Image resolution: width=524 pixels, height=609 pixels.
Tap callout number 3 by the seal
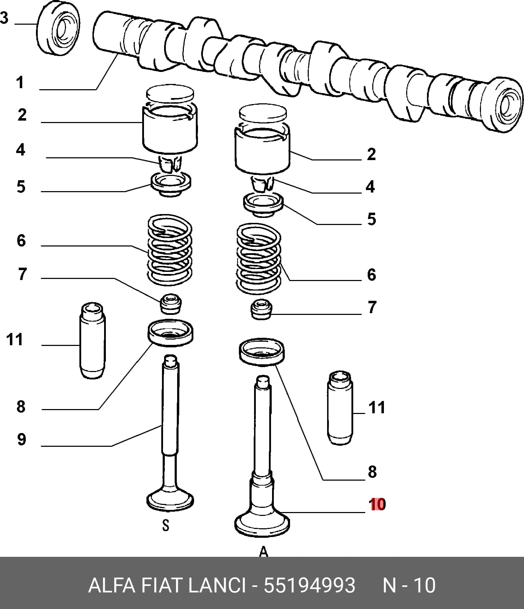[x=4, y=18]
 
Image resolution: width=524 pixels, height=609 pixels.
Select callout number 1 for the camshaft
[x=20, y=83]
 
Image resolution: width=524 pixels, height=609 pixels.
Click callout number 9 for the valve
[x=22, y=439]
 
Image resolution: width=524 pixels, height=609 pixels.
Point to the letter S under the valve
[x=165, y=525]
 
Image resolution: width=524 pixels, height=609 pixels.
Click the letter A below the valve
[x=263, y=552]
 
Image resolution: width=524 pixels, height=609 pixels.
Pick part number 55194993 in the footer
[x=309, y=586]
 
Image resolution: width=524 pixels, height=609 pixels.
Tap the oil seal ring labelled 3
[x=58, y=28]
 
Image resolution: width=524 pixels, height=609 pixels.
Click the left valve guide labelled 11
[x=92, y=341]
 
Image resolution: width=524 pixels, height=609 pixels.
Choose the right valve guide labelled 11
[x=340, y=408]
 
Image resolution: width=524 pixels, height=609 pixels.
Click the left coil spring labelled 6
[x=169, y=250]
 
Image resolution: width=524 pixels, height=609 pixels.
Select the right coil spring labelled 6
[x=259, y=259]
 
